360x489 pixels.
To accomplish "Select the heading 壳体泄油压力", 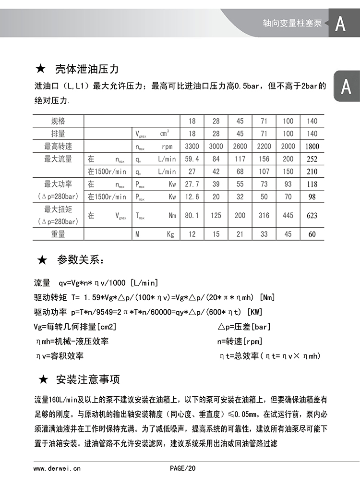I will pos(86,69).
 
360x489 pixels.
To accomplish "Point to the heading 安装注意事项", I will pos(88,379).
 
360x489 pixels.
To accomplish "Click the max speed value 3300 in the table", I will pos(192,147).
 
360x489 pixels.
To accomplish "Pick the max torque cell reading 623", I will pos(312,216).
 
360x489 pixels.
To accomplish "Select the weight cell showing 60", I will pos(312,234).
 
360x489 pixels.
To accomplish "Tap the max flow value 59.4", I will pos(192,159).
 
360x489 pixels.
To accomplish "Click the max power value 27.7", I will pos(192,184).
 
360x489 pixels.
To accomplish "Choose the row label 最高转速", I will pos(58,147).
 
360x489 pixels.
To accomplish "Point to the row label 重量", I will pos(58,234).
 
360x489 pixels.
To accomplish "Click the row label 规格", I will pos(58,121).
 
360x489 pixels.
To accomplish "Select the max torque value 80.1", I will pos(192,216).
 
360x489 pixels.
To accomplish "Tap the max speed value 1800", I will pos(312,147).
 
